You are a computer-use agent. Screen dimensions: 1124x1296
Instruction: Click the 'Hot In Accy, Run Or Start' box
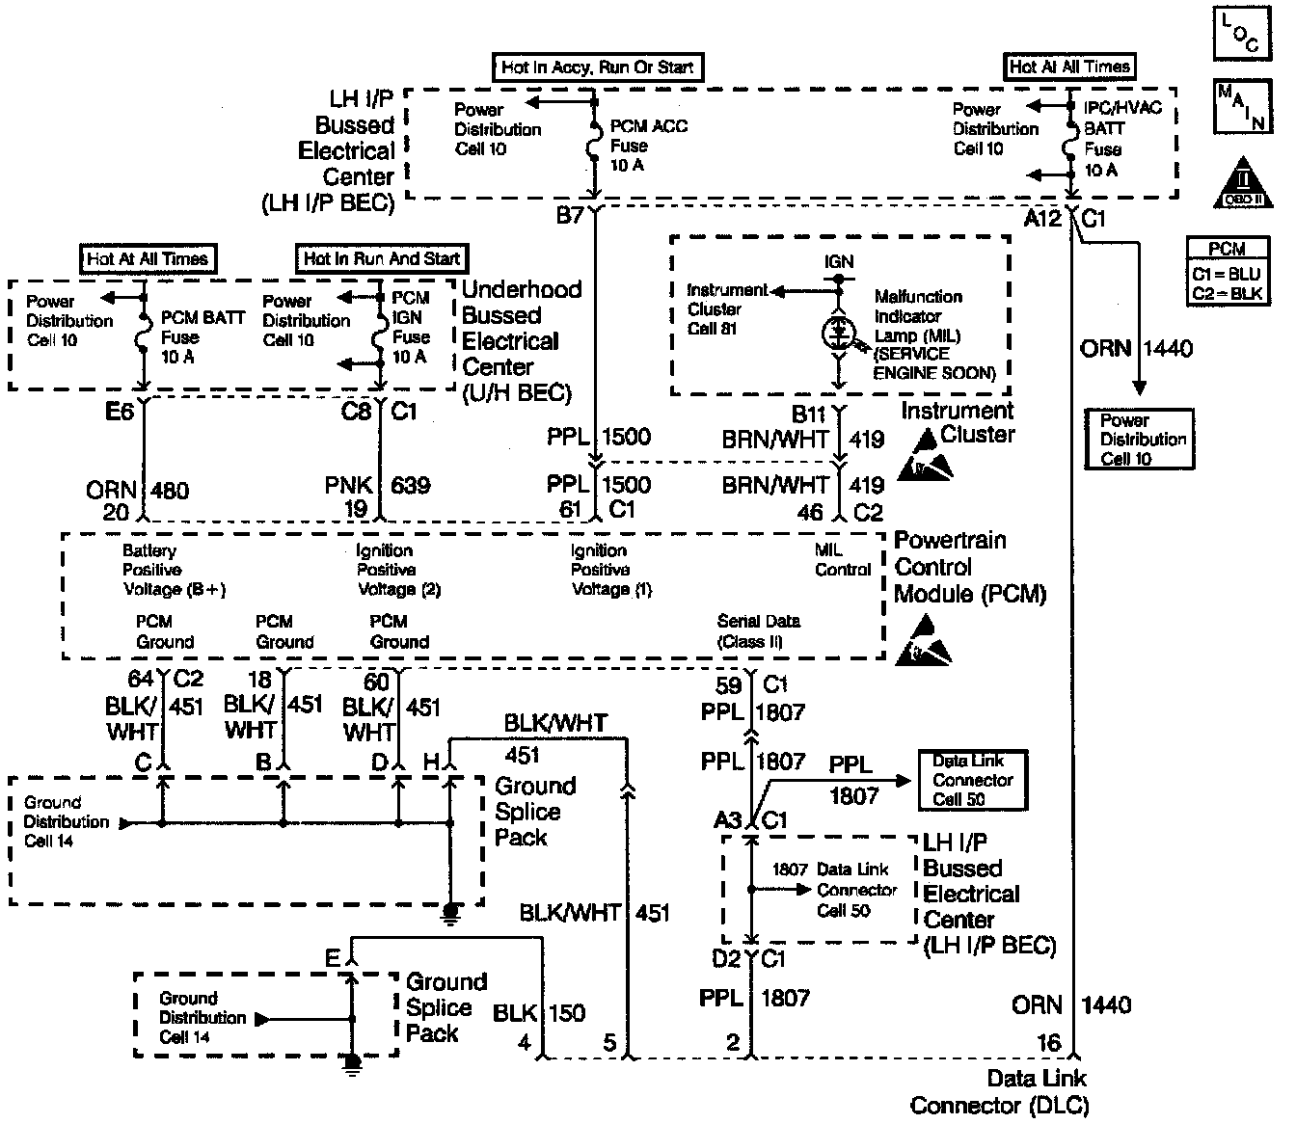[598, 67]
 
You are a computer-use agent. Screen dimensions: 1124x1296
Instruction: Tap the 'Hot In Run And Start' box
[382, 258]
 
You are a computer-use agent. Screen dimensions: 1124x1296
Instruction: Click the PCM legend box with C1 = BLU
[1227, 273]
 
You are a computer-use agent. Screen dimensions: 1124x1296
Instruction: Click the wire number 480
[170, 491]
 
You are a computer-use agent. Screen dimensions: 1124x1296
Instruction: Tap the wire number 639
[411, 485]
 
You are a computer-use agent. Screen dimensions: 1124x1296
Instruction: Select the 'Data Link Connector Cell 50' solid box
[972, 780]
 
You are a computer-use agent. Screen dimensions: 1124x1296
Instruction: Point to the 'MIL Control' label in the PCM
[842, 560]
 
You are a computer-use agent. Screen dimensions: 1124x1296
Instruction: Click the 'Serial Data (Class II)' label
[758, 631]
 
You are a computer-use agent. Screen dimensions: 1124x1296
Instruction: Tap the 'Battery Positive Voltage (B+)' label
[174, 570]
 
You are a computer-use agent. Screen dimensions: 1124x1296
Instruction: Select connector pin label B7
[570, 215]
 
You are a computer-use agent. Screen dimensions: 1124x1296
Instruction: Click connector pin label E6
[121, 413]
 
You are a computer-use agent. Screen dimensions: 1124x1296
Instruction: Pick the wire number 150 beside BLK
[567, 1013]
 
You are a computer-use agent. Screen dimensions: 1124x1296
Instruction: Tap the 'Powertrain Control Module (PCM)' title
[969, 567]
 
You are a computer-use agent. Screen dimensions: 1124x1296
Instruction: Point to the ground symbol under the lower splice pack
[352, 1061]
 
